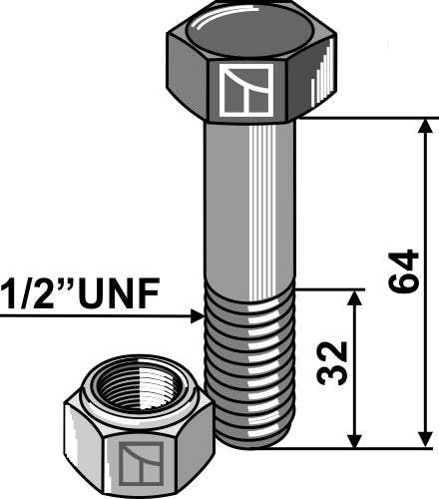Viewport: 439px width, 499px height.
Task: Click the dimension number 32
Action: click(x=332, y=365)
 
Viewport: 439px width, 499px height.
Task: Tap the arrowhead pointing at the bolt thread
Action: click(x=197, y=317)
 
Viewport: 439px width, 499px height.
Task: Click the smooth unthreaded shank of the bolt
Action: click(x=247, y=200)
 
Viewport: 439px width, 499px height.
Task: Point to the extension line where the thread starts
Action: click(x=329, y=290)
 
